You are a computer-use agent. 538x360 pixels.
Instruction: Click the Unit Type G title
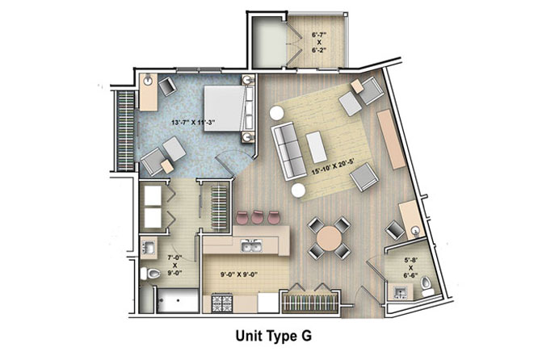coord(274,336)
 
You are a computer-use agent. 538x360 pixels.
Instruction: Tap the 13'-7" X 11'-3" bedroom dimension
coord(193,123)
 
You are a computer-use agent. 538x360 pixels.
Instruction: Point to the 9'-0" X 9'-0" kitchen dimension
coord(239,274)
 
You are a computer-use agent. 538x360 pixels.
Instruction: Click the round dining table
coord(329,237)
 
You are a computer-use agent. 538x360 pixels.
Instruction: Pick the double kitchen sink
coord(251,246)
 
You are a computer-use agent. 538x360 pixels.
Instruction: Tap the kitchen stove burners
coord(221,303)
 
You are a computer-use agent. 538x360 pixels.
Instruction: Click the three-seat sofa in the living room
coord(288,151)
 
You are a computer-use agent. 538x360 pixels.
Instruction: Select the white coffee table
coord(317,148)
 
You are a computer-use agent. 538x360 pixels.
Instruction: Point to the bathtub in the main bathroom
coord(178,301)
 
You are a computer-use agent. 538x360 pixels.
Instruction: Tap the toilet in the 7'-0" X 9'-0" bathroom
coord(150,274)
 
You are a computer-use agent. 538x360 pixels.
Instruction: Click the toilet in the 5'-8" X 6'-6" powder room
coord(427,287)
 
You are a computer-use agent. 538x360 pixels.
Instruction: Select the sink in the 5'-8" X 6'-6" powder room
coord(400,292)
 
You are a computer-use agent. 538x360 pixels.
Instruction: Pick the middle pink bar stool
coord(258,217)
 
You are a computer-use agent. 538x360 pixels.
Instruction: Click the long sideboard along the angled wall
coord(392,139)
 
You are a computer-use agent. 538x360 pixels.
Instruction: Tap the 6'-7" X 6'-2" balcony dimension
coord(319,42)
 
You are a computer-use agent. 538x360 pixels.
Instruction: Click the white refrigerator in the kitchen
coord(268,303)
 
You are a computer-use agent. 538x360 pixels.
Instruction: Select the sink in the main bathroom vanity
coord(149,247)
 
